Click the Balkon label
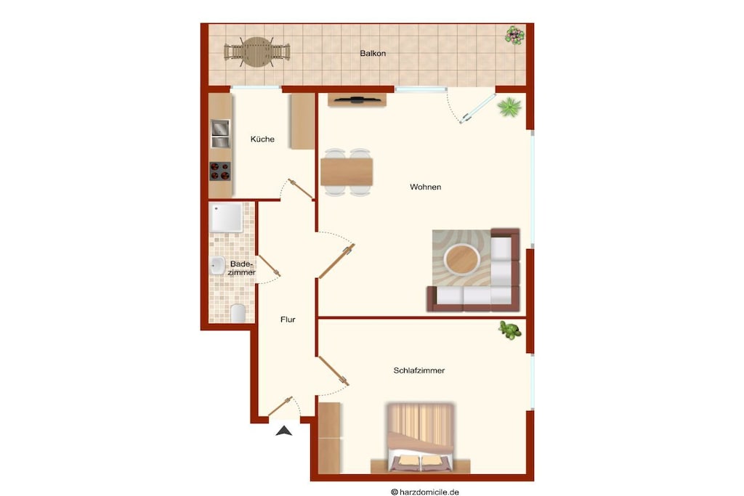[x=373, y=54]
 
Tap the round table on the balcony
[x=256, y=52]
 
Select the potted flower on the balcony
[x=514, y=35]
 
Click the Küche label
[x=262, y=139]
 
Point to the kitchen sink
[x=219, y=134]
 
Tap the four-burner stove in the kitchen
[x=219, y=171]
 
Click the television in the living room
[x=357, y=99]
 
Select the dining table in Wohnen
[x=347, y=171]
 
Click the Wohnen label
[x=426, y=187]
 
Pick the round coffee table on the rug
[x=461, y=259]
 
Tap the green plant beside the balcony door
[x=509, y=107]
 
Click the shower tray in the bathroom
[x=227, y=218]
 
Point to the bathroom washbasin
[x=217, y=266]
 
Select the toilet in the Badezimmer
[x=238, y=314]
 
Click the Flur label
[x=288, y=320]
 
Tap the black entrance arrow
[x=284, y=431]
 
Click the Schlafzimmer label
[x=419, y=370]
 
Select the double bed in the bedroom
[x=421, y=437]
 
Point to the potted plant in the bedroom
[x=509, y=330]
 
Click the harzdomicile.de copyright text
[x=424, y=492]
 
